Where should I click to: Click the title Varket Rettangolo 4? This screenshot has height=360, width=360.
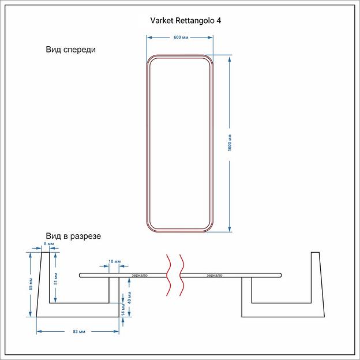point(185,20)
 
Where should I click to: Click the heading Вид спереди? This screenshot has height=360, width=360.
point(71,50)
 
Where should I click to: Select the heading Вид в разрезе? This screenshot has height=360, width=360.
point(73,237)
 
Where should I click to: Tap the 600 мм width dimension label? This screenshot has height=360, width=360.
point(181,37)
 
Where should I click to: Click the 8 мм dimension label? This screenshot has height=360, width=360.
point(49,245)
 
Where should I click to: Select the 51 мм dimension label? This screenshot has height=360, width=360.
point(55,278)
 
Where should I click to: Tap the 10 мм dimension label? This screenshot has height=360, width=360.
point(115,262)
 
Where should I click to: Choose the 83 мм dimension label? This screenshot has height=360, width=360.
point(77,332)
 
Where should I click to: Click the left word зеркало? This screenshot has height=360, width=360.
point(140,275)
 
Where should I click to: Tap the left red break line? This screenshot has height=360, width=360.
point(168,275)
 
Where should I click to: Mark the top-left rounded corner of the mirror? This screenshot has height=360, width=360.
point(152,61)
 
